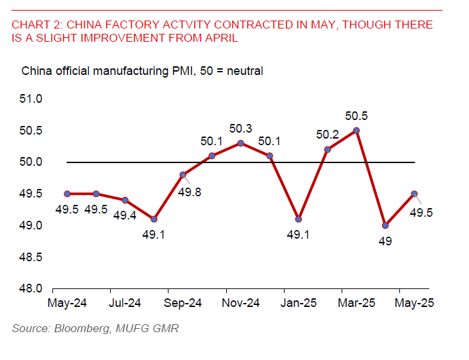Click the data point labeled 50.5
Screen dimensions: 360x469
pyautogui.click(x=356, y=131)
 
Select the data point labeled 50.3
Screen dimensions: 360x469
pyautogui.click(x=241, y=143)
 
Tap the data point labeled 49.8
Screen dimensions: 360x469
pyautogui.click(x=182, y=175)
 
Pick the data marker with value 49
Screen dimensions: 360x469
pyautogui.click(x=385, y=225)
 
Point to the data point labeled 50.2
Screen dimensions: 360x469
pyautogui.click(x=328, y=150)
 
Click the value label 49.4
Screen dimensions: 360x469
pyautogui.click(x=125, y=215)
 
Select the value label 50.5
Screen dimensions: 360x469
pyautogui.click(x=356, y=116)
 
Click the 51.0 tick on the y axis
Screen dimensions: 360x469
pyautogui.click(x=31, y=99)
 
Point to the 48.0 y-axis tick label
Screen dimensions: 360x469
pyautogui.click(x=31, y=288)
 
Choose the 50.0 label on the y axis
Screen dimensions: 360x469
pyautogui.click(x=31, y=162)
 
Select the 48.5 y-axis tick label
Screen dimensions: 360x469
pyautogui.click(x=31, y=257)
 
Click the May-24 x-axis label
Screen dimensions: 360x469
pyautogui.click(x=67, y=304)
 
